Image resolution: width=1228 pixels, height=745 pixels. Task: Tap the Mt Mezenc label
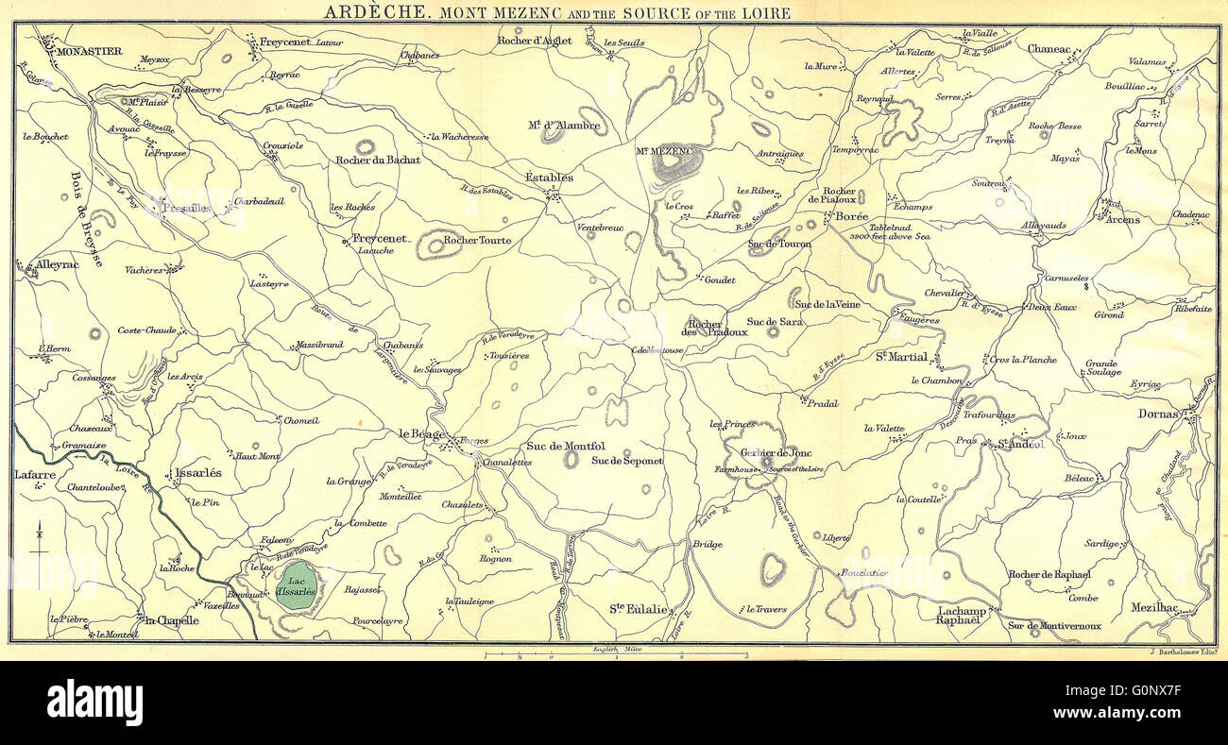[663, 150]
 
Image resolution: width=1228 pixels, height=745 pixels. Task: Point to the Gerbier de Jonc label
[769, 452]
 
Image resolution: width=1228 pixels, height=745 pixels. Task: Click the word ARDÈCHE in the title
[363, 12]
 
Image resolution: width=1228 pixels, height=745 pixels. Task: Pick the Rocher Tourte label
[477, 241]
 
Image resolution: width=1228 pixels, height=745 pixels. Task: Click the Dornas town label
[1158, 414]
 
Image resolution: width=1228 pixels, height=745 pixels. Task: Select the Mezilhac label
[1152, 609]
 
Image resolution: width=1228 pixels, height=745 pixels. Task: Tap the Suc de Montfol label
[565, 446]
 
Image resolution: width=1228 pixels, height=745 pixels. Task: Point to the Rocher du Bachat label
[378, 161]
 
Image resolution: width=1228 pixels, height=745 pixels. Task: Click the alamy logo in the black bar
[94, 703]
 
